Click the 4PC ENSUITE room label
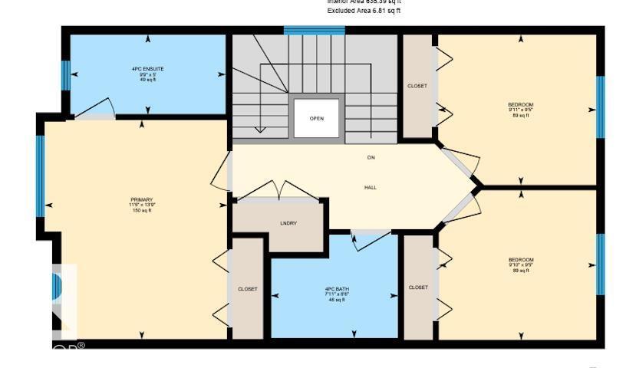tap(147, 69)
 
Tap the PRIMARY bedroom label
tap(141, 201)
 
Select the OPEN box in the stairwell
tap(316, 119)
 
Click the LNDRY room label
tap(288, 223)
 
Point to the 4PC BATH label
tap(336, 290)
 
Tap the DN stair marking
tap(371, 157)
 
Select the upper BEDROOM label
tap(520, 105)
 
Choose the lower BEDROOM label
tap(520, 260)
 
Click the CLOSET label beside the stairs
tap(417, 87)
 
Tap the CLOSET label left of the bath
tap(247, 289)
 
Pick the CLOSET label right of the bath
tap(418, 287)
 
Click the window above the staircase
tap(314, 31)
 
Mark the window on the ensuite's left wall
tap(65, 76)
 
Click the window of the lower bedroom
tap(601, 264)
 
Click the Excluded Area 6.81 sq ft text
tap(364, 11)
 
